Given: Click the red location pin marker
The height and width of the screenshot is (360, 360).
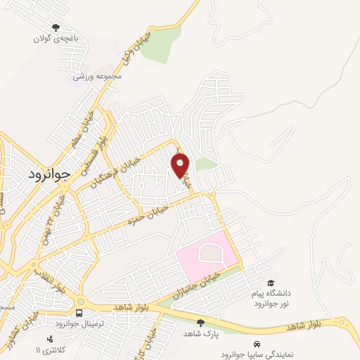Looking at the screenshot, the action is coord(181,165).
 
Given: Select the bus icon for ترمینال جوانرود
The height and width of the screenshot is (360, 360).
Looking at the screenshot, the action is coord(79,311).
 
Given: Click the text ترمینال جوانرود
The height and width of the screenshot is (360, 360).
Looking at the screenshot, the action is coord(79,323).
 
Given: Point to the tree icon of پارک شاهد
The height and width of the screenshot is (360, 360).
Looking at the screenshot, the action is coord(201,323).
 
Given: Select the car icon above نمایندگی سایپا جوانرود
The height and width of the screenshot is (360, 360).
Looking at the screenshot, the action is coord(258,344).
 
